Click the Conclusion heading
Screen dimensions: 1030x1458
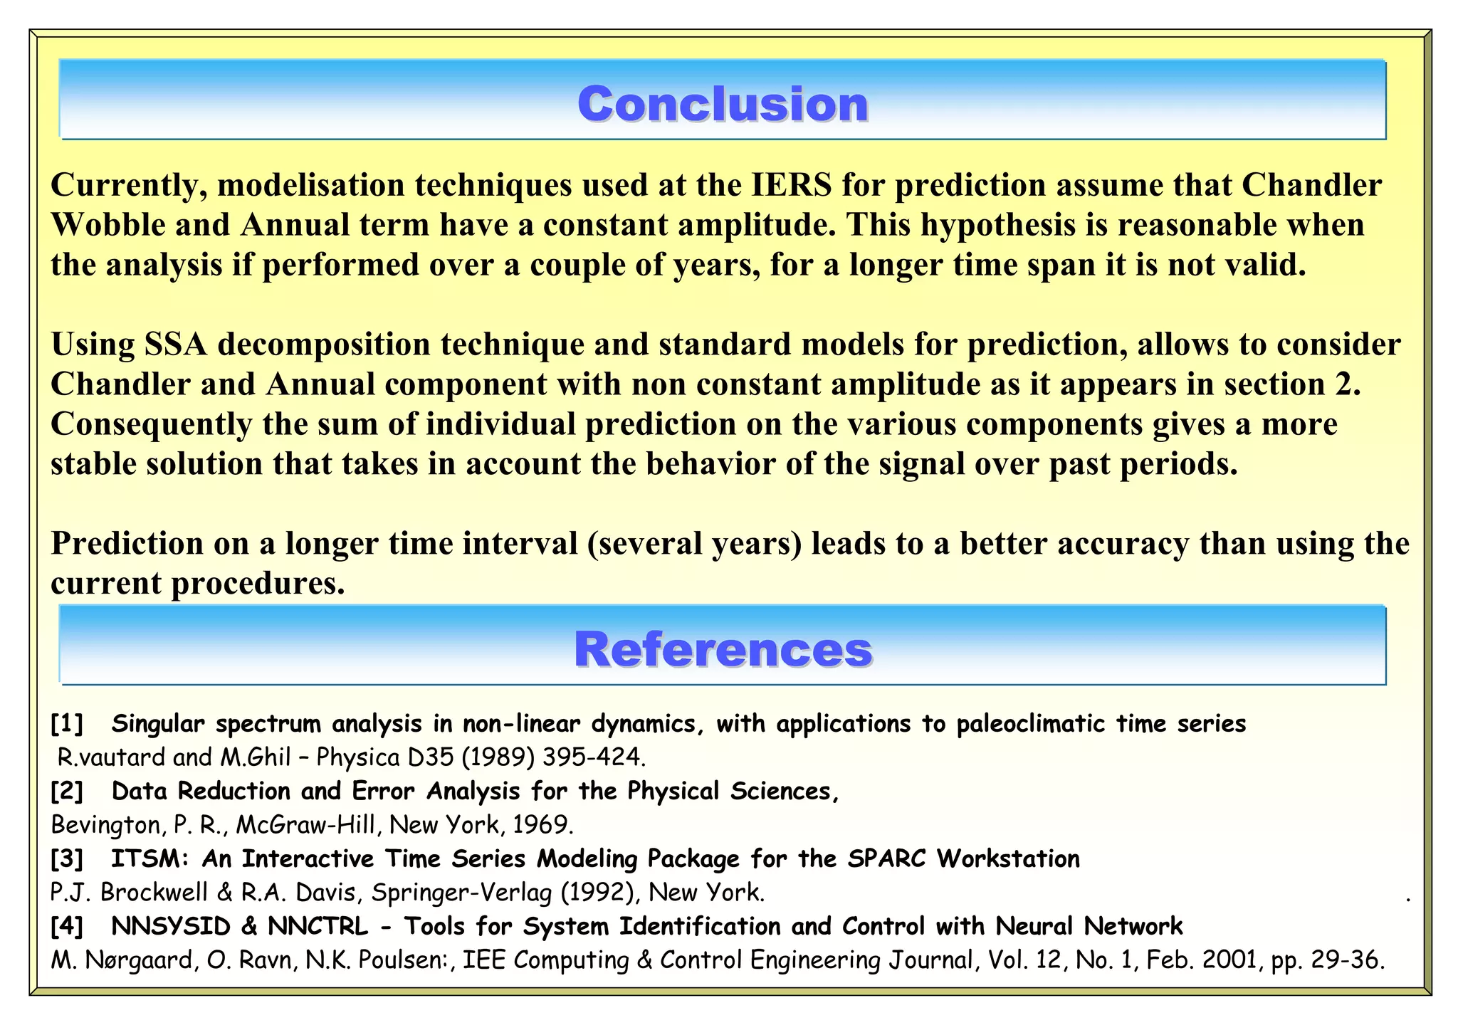[723, 104]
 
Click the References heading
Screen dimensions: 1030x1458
[723, 649]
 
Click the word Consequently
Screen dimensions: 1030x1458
[151, 425]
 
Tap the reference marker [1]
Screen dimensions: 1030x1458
[67, 724]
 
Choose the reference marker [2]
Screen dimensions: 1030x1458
[67, 792]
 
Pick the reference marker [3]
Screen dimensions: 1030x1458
[67, 859]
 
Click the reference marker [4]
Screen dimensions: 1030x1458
[67, 927]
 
